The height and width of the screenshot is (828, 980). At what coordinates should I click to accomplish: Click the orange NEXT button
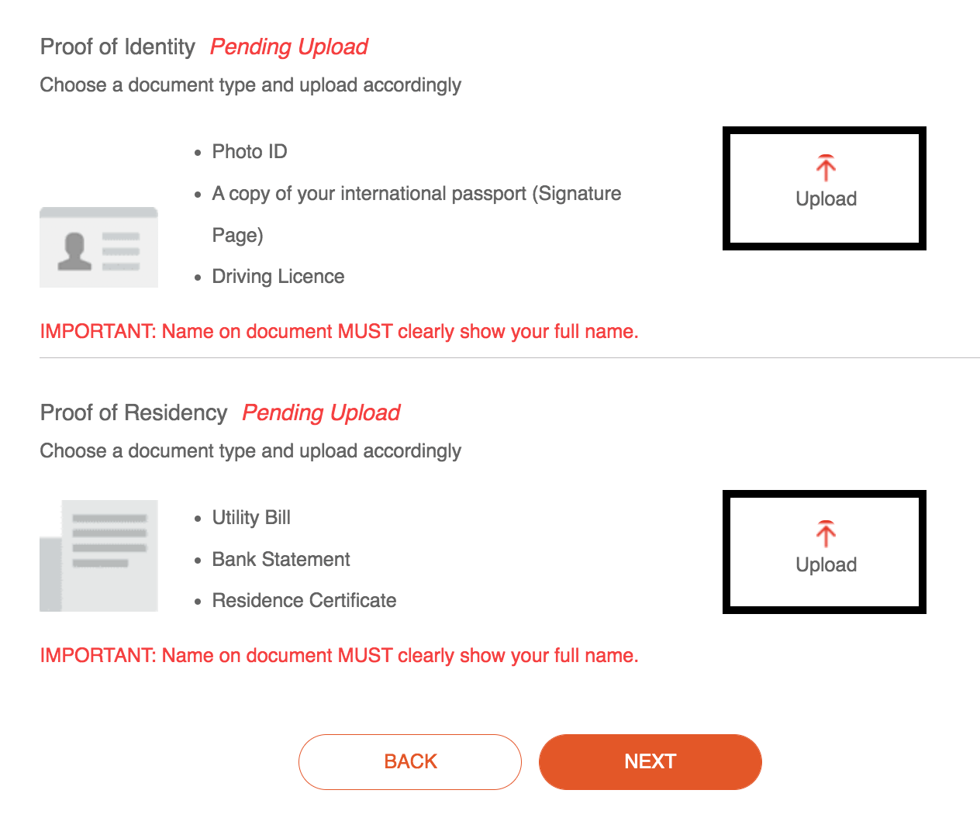pyautogui.click(x=650, y=761)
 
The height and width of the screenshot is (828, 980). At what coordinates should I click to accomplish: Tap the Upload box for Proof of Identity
pyautogui.click(x=824, y=188)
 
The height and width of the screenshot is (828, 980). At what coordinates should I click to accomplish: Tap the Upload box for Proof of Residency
pyautogui.click(x=824, y=552)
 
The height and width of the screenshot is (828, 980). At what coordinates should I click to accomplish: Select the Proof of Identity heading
pyautogui.click(x=118, y=47)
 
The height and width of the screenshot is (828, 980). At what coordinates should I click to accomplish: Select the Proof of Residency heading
pyautogui.click(x=133, y=413)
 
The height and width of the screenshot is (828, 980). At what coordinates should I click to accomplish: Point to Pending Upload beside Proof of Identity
pyautogui.click(x=289, y=47)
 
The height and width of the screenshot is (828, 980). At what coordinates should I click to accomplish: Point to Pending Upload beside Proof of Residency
pyautogui.click(x=321, y=413)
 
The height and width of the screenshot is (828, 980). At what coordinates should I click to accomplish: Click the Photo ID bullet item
pyautogui.click(x=249, y=152)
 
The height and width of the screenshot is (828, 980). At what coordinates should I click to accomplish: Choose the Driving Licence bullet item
pyautogui.click(x=278, y=277)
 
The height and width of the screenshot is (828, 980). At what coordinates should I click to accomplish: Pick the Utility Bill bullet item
pyautogui.click(x=251, y=518)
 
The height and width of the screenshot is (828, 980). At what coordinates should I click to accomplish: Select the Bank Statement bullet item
pyautogui.click(x=281, y=560)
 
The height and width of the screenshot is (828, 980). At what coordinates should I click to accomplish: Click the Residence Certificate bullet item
pyautogui.click(x=304, y=601)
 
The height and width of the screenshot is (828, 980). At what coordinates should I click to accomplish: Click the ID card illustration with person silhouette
pyautogui.click(x=98, y=248)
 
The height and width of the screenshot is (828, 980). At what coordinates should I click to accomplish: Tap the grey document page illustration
pyautogui.click(x=98, y=555)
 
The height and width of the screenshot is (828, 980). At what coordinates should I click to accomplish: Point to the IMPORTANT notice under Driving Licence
pyautogui.click(x=339, y=332)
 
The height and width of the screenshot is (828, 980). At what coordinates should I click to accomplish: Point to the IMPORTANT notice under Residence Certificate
pyautogui.click(x=339, y=656)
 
